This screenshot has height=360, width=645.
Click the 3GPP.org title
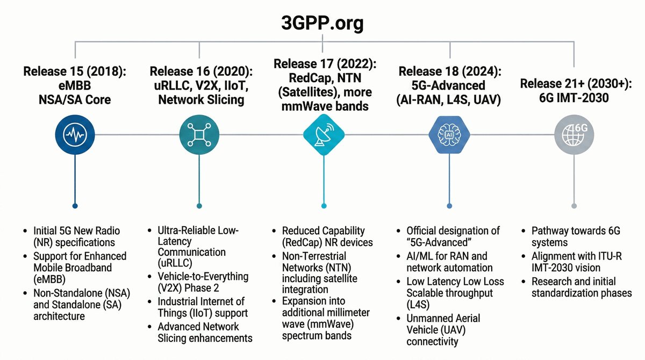[x=322, y=23]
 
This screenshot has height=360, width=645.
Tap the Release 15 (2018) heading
[x=75, y=72]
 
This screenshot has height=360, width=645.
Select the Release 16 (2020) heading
[x=200, y=71]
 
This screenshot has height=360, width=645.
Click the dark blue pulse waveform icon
[x=75, y=137]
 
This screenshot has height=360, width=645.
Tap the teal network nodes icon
[x=199, y=137]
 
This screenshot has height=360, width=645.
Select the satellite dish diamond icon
[x=323, y=137]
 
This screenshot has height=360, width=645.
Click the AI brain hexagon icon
[x=450, y=137]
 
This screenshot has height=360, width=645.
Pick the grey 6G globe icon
[x=574, y=137]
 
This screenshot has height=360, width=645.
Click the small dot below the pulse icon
[x=75, y=205]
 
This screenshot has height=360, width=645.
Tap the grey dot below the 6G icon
[x=574, y=205]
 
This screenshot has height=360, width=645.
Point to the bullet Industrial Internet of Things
[x=200, y=307]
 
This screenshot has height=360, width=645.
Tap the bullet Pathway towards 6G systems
[x=575, y=236]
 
